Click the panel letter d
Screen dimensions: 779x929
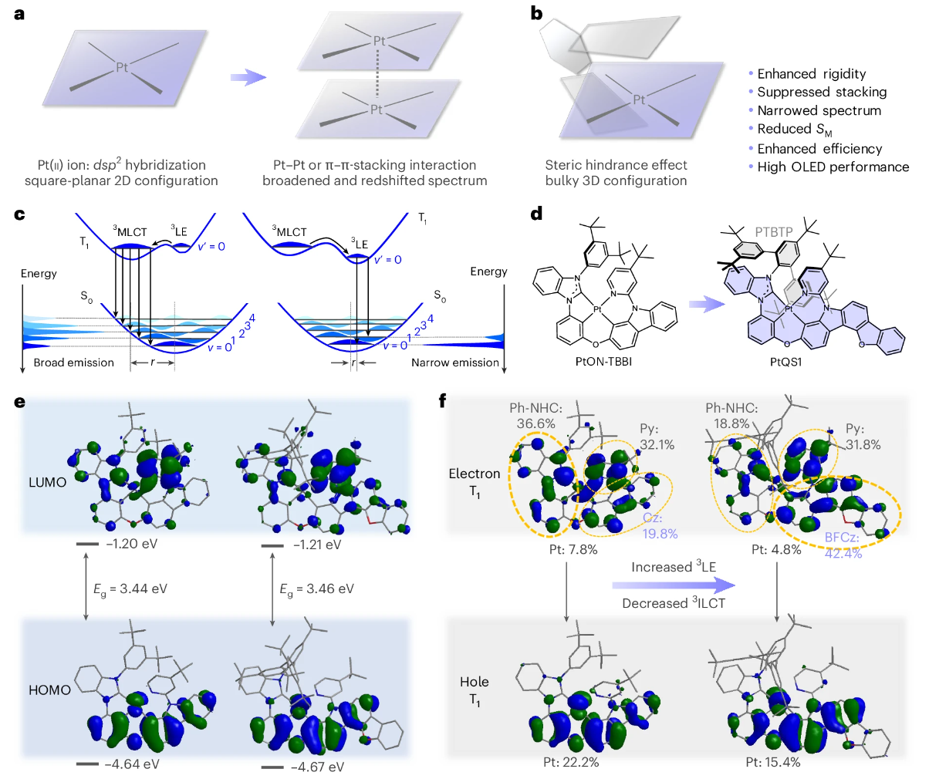pyautogui.click(x=537, y=213)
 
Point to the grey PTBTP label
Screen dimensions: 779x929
pyautogui.click(x=774, y=231)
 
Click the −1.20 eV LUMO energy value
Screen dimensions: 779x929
pyautogui.click(x=131, y=544)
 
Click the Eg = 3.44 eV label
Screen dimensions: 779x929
pyautogui.click(x=130, y=589)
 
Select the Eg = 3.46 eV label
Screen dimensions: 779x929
pyautogui.click(x=316, y=589)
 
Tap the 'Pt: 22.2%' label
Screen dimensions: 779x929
pyautogui.click(x=570, y=762)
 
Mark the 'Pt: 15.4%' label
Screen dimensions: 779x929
pyautogui.click(x=772, y=762)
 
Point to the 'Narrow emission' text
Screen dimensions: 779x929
pyautogui.click(x=454, y=363)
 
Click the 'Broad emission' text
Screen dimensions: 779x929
pyautogui.click(x=73, y=363)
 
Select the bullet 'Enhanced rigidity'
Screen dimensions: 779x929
pyautogui.click(x=811, y=74)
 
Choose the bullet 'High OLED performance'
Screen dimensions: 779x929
pyautogui.click(x=833, y=167)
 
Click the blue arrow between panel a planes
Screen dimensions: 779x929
pyautogui.click(x=248, y=77)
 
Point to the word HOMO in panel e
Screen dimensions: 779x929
pyautogui.click(x=49, y=690)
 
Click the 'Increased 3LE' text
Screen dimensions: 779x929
pyautogui.click(x=674, y=567)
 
